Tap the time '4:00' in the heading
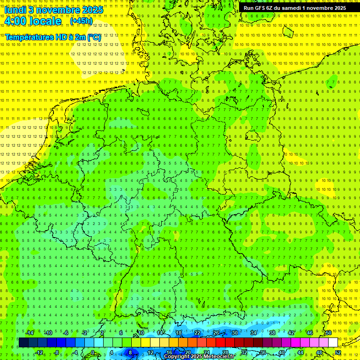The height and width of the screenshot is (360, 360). point(17,21)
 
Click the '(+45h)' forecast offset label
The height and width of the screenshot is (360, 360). point(81,21)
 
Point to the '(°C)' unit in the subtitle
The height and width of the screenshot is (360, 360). point(93,37)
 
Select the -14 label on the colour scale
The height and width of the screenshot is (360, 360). point(30,333)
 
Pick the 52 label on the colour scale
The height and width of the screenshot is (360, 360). point(338,352)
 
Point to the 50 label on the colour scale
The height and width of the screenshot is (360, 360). point(329,333)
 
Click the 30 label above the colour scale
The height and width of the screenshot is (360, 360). point(234,333)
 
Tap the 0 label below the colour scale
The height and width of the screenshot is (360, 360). point(93,352)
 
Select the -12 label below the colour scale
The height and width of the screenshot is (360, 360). point(39,352)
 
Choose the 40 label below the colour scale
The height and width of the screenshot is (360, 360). point(281,352)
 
